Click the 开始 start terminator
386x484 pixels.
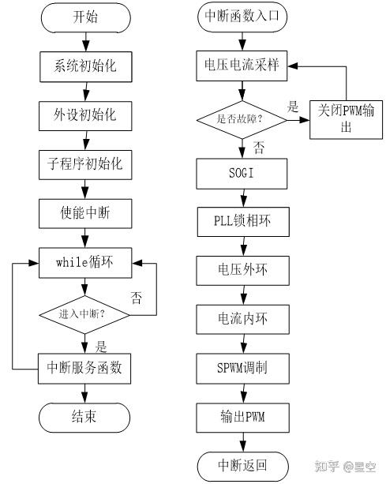point(84,17)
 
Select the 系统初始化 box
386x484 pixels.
point(84,66)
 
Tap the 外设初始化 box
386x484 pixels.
point(84,114)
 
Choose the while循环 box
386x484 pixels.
point(84,263)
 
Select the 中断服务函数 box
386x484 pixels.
point(84,366)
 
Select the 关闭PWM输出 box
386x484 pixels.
point(346,119)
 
